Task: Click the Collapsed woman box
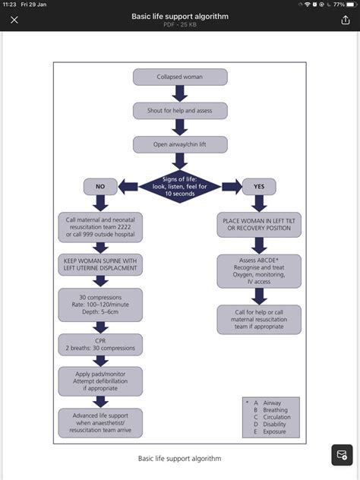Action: coord(180,77)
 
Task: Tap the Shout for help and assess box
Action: coord(180,111)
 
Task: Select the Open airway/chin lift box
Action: coord(180,144)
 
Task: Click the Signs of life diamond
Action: coord(180,186)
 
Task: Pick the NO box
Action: coord(100,186)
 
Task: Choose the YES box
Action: coord(259,186)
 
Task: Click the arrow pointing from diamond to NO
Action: coord(128,187)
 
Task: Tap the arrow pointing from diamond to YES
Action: coord(232,187)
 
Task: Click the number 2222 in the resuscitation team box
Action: coord(122,227)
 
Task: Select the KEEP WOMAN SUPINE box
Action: coord(100,264)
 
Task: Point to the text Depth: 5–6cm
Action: coord(100,312)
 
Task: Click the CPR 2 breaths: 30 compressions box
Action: coord(100,345)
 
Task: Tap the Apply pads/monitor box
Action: coord(100,381)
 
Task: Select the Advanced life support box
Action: coord(100,423)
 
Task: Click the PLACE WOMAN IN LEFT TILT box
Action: coord(259,225)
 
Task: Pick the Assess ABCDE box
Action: coord(259,271)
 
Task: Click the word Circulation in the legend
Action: coord(276,417)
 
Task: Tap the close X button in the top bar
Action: coord(14,21)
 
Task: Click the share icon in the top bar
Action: coord(346,20)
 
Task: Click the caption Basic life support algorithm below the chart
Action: coord(180,459)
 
